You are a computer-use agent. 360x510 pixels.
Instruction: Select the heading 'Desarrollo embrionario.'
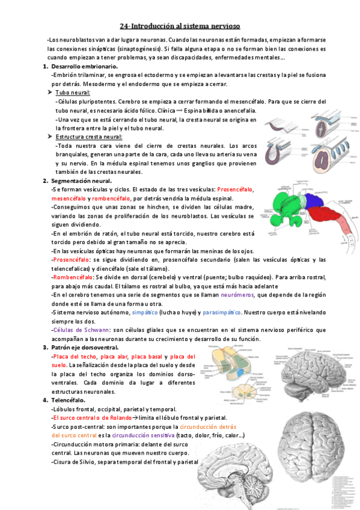[85, 66]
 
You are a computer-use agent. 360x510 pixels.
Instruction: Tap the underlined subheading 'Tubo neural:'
[73, 93]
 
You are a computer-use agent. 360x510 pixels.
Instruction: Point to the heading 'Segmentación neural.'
[81, 180]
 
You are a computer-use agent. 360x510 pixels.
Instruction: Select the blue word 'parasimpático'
[221, 313]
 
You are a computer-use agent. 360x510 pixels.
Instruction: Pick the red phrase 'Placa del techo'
[71, 357]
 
